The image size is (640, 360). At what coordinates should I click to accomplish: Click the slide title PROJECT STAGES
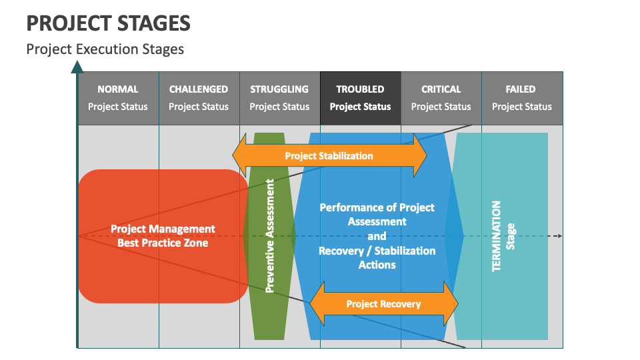pos(109,23)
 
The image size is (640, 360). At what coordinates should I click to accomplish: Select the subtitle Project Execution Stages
pos(105,49)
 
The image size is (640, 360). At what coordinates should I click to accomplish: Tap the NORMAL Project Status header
pos(118,98)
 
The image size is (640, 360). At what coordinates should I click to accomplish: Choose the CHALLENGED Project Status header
pos(199,98)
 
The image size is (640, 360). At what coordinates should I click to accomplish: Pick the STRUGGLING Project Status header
pos(279,98)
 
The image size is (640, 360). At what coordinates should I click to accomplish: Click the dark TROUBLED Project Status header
pos(360,98)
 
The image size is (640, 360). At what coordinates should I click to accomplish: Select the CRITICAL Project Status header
pos(441,98)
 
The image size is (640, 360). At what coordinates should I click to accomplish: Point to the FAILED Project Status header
pos(522,98)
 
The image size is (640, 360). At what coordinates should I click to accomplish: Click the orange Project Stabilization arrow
pos(329,156)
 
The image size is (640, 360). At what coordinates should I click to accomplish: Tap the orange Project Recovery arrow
pos(383,304)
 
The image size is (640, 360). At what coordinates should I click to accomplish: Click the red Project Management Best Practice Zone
pos(163,236)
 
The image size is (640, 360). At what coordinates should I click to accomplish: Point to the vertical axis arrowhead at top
pos(77,66)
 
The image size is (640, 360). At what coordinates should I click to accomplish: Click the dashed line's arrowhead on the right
pos(559,236)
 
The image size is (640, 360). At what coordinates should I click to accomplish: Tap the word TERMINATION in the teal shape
pos(497,236)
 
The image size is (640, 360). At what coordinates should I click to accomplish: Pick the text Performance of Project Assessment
pos(377,214)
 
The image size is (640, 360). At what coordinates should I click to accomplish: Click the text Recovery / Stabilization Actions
pos(377,257)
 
